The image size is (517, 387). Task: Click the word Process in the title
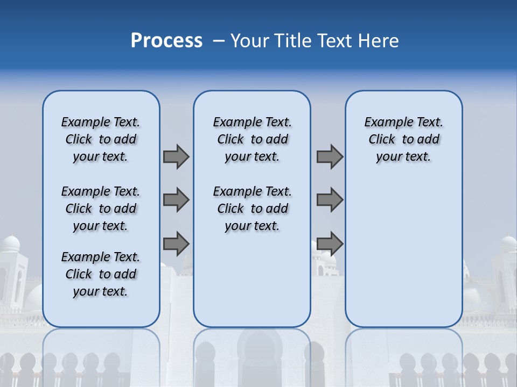pyautogui.click(x=166, y=40)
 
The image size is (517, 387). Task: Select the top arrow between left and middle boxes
pyautogui.click(x=176, y=156)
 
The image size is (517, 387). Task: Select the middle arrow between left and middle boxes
pyautogui.click(x=176, y=200)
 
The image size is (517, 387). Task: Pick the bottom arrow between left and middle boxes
pyautogui.click(x=176, y=243)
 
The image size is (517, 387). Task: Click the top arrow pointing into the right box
pyautogui.click(x=330, y=156)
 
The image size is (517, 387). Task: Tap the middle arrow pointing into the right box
pyautogui.click(x=330, y=200)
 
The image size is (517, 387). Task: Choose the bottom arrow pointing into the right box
pyautogui.click(x=330, y=243)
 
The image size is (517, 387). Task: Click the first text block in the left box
pyautogui.click(x=101, y=139)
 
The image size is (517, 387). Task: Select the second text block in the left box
pyautogui.click(x=101, y=209)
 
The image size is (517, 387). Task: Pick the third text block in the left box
pyautogui.click(x=101, y=274)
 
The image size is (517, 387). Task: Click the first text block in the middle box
pyautogui.click(x=252, y=139)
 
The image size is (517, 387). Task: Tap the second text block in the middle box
pyautogui.click(x=252, y=209)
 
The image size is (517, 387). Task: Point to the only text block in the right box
pyautogui.click(x=403, y=139)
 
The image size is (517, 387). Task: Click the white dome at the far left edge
pyautogui.click(x=9, y=243)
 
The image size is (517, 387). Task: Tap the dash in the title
pyautogui.click(x=219, y=41)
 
